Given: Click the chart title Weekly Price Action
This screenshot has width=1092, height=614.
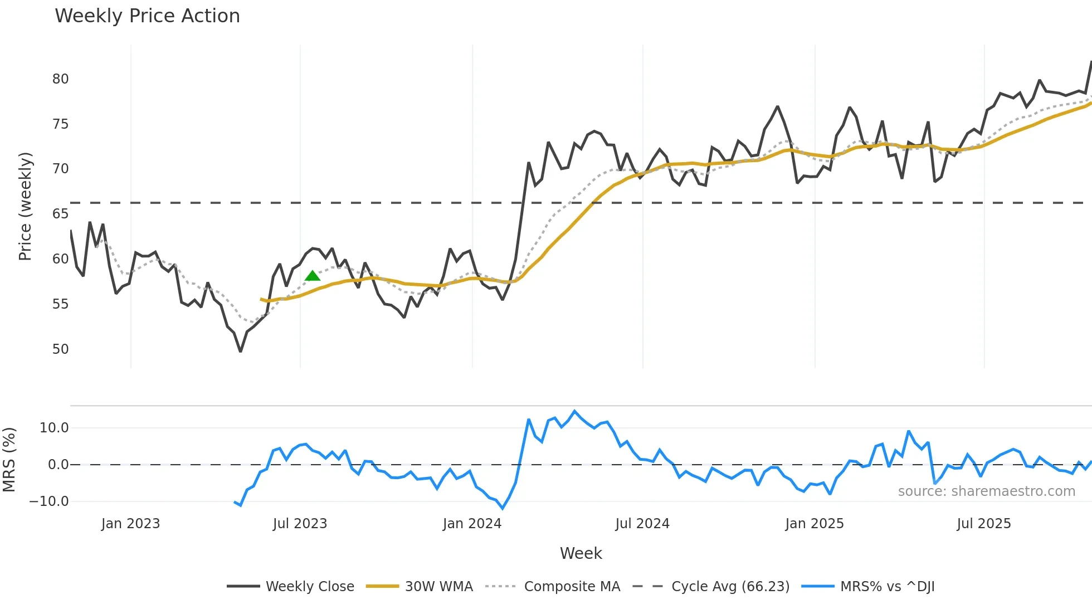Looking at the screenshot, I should pos(147,16).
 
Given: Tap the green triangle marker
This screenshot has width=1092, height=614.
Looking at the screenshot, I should pos(313,276).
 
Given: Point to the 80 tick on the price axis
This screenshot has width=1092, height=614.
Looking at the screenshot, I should pos(61,79).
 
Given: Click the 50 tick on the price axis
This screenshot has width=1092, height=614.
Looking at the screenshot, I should pos(61,349).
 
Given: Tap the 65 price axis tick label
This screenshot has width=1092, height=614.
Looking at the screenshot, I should pos(61,214).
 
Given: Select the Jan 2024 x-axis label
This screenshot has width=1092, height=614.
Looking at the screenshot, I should pos(472,524).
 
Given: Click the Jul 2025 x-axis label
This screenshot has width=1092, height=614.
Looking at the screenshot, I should pos(983,524).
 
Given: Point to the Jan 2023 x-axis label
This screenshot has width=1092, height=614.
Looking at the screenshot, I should pos(130,524).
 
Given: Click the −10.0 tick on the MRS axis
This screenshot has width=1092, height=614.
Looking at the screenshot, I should pos(49,501).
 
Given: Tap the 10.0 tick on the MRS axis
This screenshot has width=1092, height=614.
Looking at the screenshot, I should pos(54,428).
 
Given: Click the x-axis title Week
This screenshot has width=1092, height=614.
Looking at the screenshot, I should pos(581,553).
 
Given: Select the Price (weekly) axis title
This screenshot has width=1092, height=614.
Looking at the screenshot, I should pos(25,206).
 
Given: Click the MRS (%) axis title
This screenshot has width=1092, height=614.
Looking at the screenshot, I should pos(9,460).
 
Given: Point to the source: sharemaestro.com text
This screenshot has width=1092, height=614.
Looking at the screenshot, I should pos(986,491).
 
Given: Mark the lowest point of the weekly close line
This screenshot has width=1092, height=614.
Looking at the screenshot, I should pos(240,351).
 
